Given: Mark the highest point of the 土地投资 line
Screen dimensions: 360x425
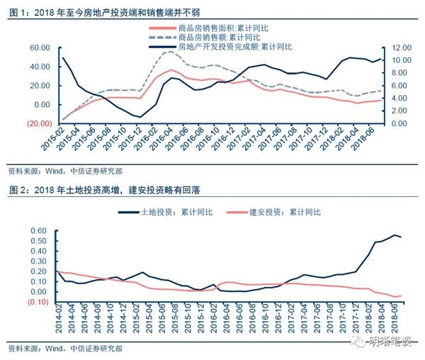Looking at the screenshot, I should point(395,235).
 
